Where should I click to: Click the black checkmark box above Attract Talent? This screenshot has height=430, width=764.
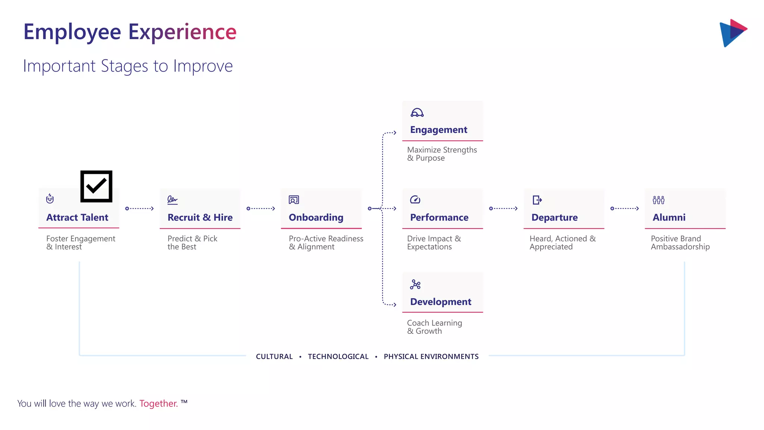click(x=96, y=186)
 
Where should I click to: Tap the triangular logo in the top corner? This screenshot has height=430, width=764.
click(x=733, y=33)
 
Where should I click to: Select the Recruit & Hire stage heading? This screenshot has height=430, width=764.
click(x=200, y=217)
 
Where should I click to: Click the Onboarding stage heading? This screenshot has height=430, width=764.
click(x=316, y=217)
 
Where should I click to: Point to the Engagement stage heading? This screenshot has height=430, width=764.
click(x=438, y=130)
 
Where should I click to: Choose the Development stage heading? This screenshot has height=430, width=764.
click(x=441, y=302)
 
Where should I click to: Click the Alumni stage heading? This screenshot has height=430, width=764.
click(x=669, y=217)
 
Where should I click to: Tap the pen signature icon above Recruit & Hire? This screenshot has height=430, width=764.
click(x=172, y=200)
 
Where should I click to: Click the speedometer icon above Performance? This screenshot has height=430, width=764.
click(x=415, y=200)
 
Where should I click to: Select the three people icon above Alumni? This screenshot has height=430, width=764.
click(x=658, y=200)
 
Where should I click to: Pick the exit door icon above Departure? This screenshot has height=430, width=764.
click(x=537, y=200)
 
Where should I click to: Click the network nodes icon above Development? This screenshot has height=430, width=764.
click(x=415, y=284)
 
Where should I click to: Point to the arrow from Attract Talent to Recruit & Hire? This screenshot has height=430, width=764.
click(x=140, y=209)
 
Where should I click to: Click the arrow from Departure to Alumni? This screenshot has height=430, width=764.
click(x=624, y=209)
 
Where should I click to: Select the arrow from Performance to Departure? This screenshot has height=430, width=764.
click(x=503, y=209)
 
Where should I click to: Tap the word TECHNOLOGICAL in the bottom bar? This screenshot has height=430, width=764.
click(x=338, y=356)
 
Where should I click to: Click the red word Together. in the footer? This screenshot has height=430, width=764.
click(x=159, y=403)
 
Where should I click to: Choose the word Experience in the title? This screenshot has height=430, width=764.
click(x=182, y=32)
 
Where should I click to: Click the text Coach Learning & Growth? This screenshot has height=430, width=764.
click(x=434, y=327)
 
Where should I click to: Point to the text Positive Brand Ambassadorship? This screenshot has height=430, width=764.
click(x=680, y=243)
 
